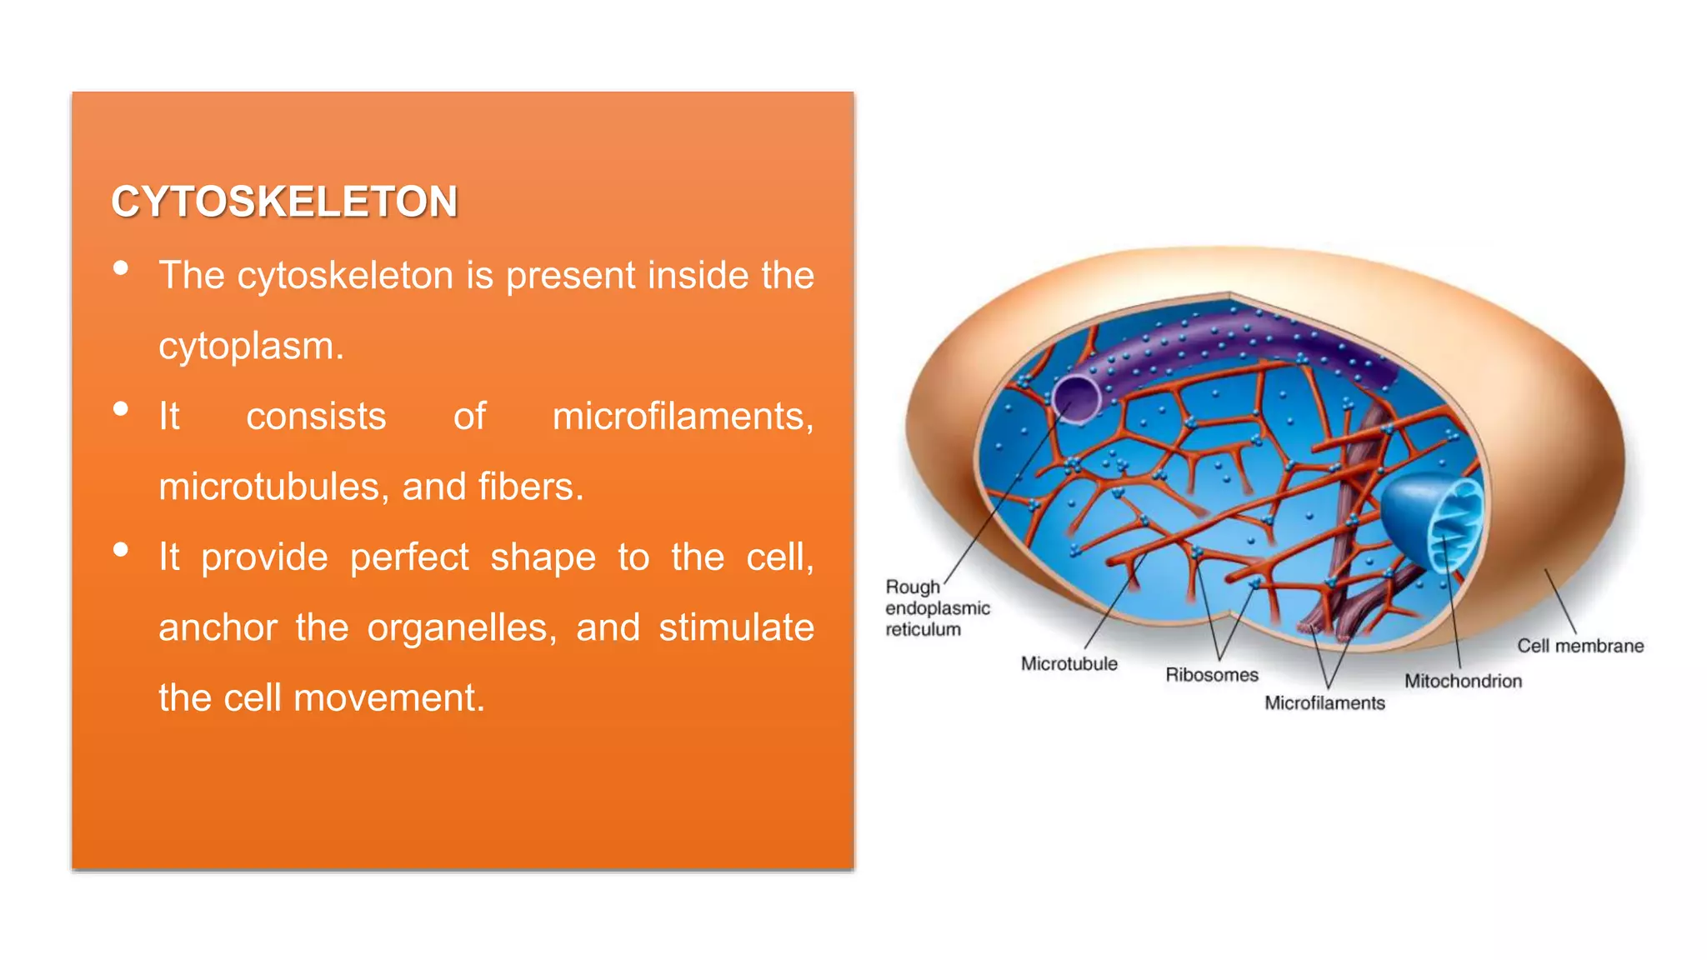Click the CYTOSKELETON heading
[284, 202]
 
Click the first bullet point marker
[121, 268]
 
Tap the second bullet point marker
[121, 409]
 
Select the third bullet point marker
[121, 550]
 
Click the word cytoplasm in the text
[249, 346]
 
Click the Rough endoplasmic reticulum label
[937, 608]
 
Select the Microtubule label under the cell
[1069, 664]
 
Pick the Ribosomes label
[1211, 675]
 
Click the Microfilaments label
[1324, 703]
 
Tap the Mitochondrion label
[1462, 682]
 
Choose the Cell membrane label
[1579, 646]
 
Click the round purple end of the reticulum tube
[1075, 398]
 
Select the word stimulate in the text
[735, 627]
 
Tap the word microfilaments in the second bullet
[682, 416]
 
